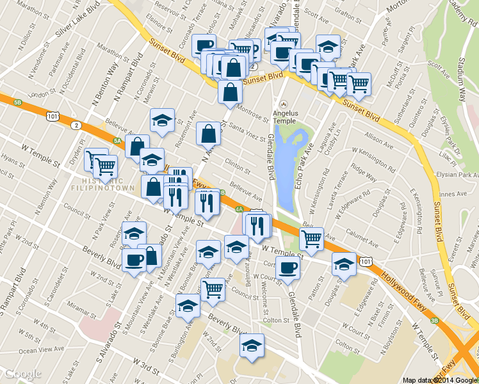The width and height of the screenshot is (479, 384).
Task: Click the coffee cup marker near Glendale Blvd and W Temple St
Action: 288,268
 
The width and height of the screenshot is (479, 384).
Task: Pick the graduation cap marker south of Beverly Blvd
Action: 252,345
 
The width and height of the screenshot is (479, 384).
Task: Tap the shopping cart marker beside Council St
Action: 213,288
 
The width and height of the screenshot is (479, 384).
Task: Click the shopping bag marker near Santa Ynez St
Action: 208,134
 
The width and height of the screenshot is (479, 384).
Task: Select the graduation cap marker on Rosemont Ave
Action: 162,120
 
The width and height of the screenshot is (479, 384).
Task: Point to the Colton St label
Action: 276,320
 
